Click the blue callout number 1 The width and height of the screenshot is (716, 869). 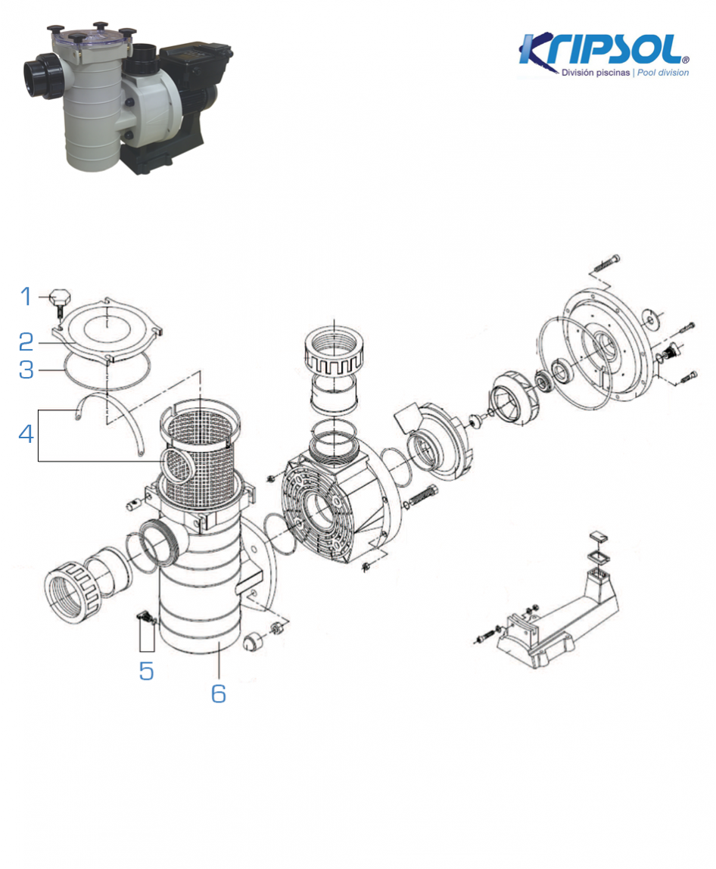[26, 297]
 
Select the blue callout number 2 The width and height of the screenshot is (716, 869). [26, 342]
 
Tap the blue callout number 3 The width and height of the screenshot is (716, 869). [26, 369]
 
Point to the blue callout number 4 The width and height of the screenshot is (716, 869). [26, 434]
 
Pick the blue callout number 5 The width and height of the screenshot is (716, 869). [146, 671]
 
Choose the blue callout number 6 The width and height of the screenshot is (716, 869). [218, 693]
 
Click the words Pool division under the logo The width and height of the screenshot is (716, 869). [663, 73]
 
